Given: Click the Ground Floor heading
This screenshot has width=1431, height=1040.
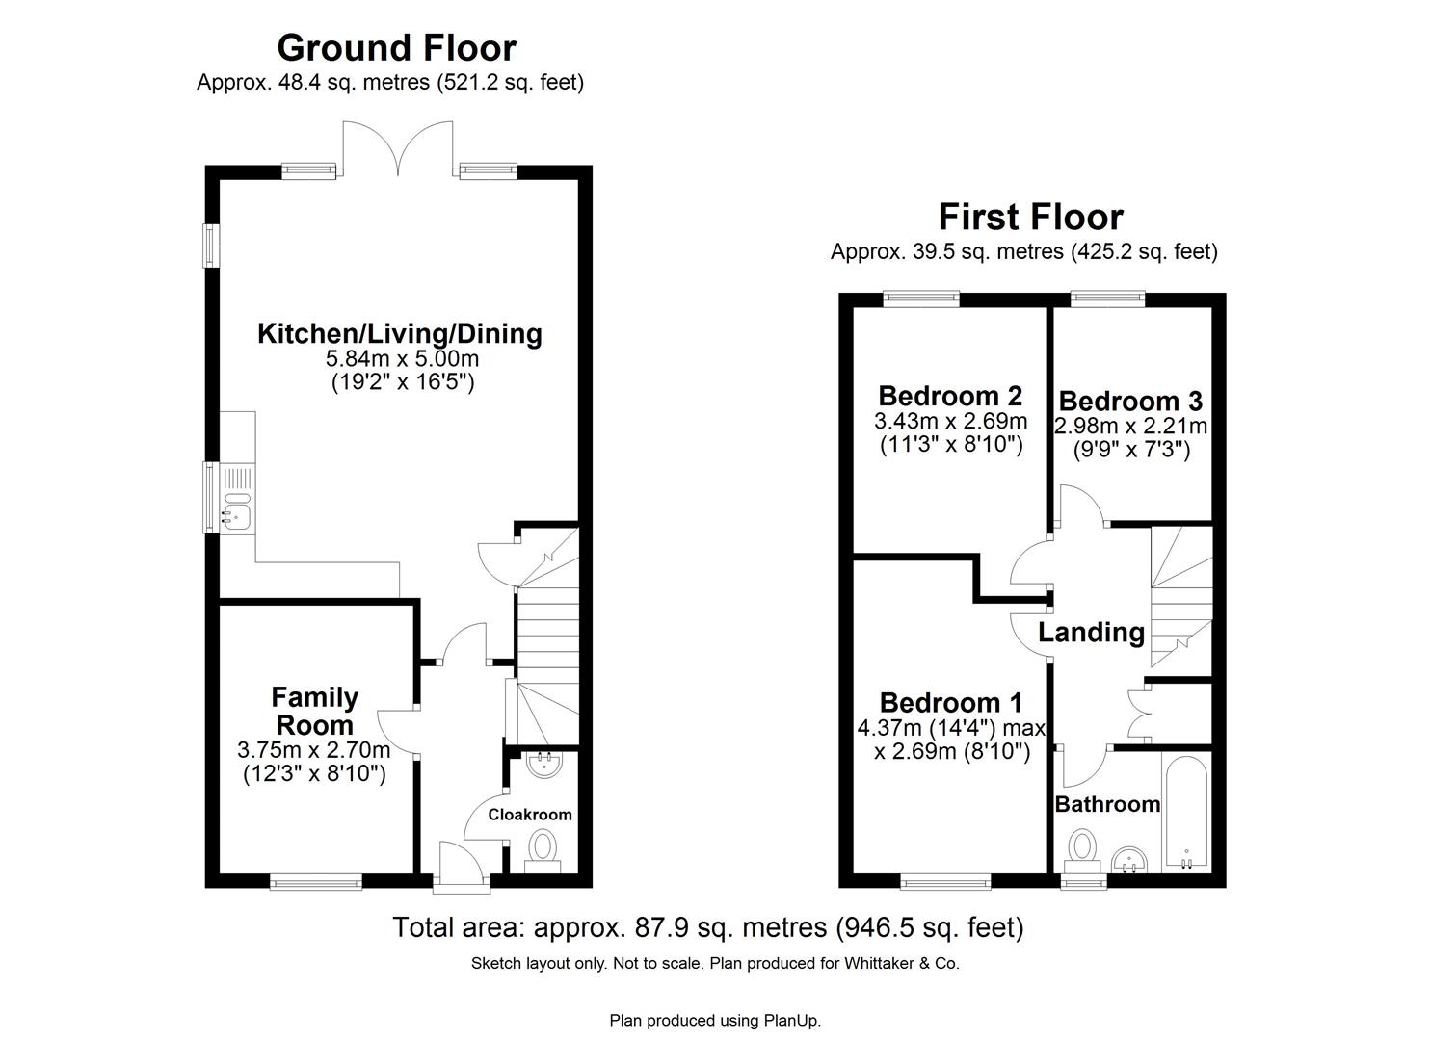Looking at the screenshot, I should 396,47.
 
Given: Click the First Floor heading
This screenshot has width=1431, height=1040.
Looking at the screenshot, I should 1030,217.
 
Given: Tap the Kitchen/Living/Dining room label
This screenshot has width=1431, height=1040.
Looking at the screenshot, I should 399,334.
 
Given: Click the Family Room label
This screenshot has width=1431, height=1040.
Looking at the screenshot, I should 314,711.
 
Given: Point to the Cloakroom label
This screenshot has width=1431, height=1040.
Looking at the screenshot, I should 529,815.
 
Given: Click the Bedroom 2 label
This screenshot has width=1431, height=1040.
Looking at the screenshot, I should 949,396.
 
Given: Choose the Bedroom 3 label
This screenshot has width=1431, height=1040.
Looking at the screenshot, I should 1129,401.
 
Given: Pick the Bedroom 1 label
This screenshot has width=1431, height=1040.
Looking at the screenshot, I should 950,703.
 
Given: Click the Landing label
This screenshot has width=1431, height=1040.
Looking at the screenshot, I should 1091,633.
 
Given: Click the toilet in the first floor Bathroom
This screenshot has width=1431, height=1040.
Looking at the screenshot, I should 1083,850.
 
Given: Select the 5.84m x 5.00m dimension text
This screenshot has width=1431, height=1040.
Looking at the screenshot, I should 402,359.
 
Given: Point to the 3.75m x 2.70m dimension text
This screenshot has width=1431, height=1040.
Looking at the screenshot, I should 314,750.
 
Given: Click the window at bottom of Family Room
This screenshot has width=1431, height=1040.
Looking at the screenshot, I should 315,880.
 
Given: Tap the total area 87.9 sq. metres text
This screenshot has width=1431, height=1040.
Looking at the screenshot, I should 707,927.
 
